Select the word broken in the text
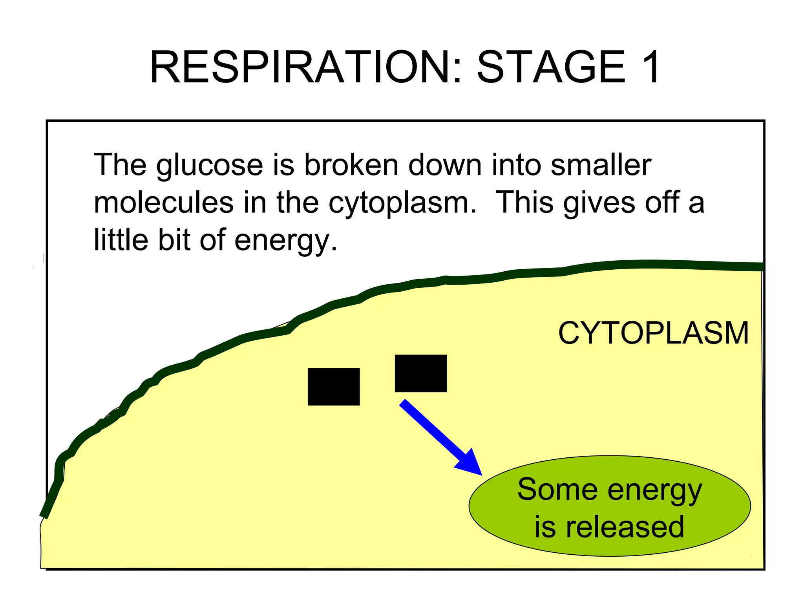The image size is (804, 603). pyautogui.click(x=351, y=165)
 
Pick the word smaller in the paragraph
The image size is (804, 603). pyautogui.click(x=601, y=165)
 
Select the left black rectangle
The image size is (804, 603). pyautogui.click(x=334, y=387)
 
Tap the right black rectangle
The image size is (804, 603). pyautogui.click(x=420, y=373)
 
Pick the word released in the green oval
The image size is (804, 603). pyautogui.click(x=625, y=527)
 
